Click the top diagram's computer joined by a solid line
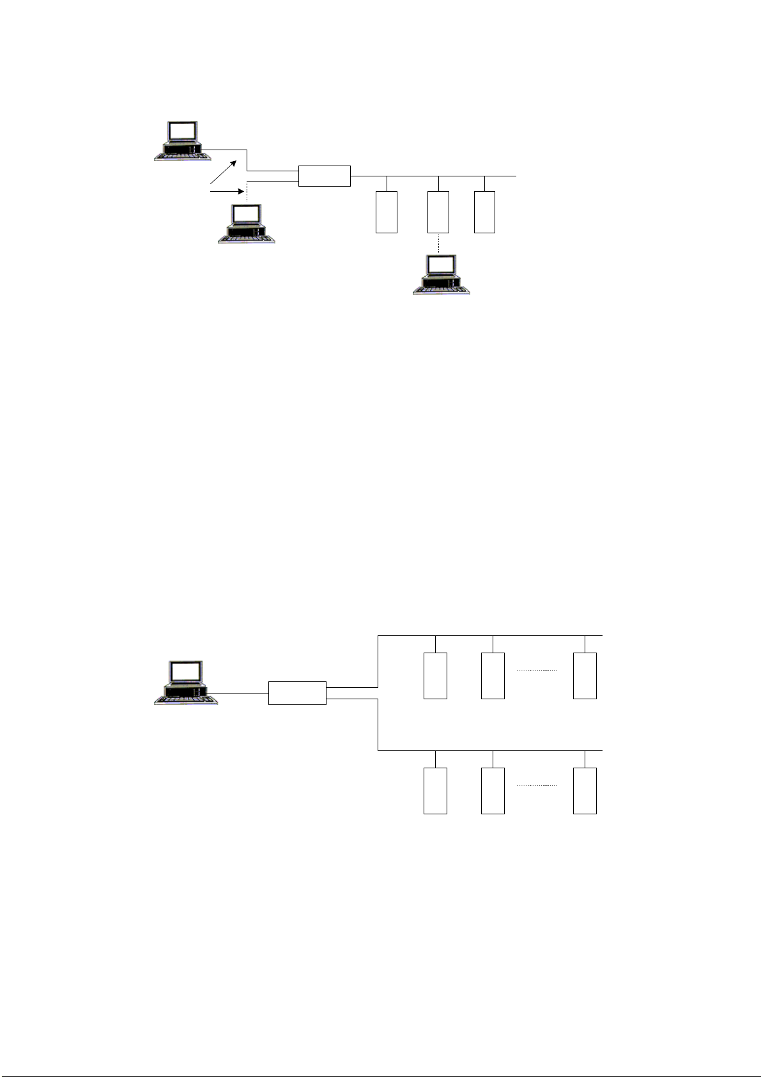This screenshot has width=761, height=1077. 183,141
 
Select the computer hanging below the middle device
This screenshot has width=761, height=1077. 442,274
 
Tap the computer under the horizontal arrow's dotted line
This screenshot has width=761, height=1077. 247,224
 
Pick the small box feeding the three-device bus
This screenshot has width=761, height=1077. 325,176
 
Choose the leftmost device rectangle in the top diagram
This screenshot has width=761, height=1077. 387,212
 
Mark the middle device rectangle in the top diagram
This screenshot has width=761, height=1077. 438,212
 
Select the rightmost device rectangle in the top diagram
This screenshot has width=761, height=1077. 485,212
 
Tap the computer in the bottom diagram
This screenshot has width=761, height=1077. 186,683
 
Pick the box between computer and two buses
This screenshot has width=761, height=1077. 297,693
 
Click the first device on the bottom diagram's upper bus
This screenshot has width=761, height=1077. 435,676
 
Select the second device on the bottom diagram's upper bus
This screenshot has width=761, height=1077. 493,676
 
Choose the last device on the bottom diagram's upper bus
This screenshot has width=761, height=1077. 585,676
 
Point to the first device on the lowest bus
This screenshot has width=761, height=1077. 435,791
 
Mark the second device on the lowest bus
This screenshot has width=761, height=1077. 493,791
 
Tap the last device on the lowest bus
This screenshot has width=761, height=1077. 585,791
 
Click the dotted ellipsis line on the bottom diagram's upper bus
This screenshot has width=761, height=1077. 537,670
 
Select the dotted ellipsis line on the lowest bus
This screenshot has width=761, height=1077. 537,785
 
